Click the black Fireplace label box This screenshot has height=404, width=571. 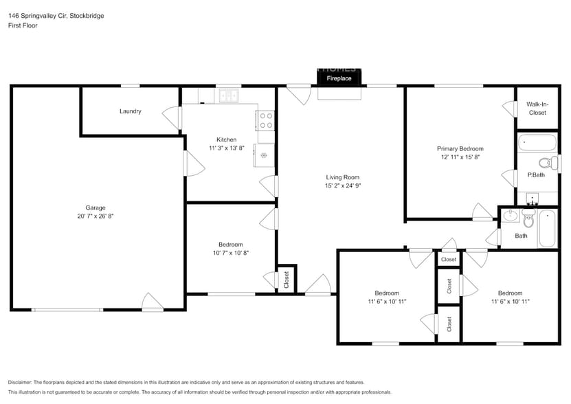click(x=339, y=78)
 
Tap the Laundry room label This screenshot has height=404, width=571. click(x=131, y=111)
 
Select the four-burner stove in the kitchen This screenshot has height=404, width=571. click(x=266, y=121)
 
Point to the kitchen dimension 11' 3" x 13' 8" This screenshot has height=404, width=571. click(x=227, y=148)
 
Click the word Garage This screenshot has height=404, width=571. click(x=95, y=207)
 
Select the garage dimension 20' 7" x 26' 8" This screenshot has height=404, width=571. click(x=95, y=216)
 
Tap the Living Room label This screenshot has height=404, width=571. click(x=343, y=177)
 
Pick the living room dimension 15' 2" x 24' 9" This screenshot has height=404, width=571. click(x=343, y=186)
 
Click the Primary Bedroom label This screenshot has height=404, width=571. click(x=460, y=148)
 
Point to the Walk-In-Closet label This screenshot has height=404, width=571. click(x=537, y=109)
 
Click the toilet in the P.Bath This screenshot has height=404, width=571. click(x=547, y=164)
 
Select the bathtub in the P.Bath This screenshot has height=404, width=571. click(x=537, y=143)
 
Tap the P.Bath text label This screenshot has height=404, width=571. click(x=536, y=175)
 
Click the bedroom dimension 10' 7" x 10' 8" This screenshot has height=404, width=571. click(x=230, y=253)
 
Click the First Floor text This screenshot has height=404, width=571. click(x=23, y=25)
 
